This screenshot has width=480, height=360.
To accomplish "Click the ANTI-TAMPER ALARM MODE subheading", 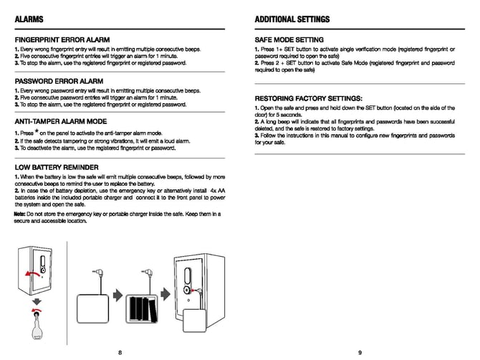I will point(61,122).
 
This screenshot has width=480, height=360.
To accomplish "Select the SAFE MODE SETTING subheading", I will point(289,39).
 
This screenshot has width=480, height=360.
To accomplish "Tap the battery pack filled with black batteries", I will point(142,305).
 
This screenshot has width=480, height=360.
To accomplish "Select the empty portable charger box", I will point(91,305).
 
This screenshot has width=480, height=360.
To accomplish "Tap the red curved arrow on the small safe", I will point(31,274).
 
